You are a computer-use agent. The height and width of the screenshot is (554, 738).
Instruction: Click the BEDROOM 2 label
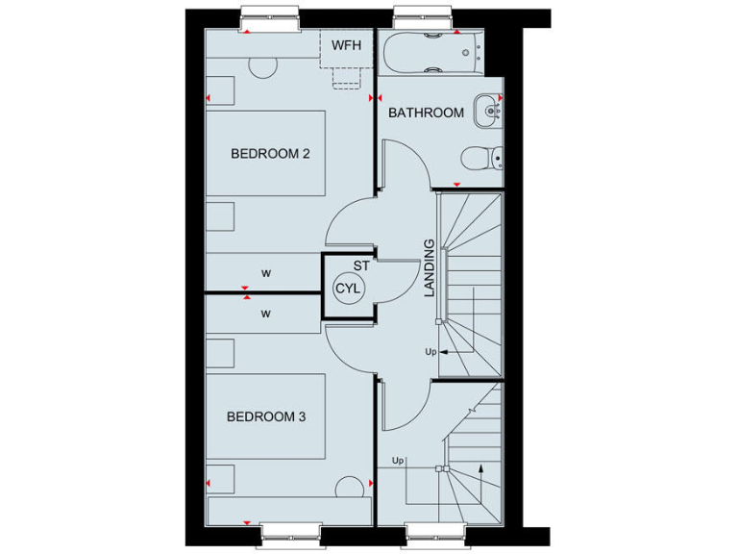pyautogui.click(x=262, y=153)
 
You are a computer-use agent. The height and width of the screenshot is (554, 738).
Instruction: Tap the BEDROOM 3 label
pyautogui.click(x=265, y=416)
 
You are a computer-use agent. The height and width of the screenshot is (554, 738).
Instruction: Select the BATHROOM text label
pyautogui.click(x=426, y=113)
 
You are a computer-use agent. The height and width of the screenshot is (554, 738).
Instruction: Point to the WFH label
pyautogui.click(x=347, y=44)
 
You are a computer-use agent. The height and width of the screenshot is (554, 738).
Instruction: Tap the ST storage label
pyautogui.click(x=361, y=264)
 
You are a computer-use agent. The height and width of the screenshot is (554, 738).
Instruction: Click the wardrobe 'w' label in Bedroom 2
pyautogui.click(x=266, y=273)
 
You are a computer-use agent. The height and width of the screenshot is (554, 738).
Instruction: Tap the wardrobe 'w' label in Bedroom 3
pyautogui.click(x=266, y=313)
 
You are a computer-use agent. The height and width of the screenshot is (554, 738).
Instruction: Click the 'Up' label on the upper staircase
pyautogui.click(x=430, y=352)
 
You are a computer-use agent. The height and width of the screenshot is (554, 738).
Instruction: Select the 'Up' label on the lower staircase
pyautogui.click(x=398, y=461)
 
